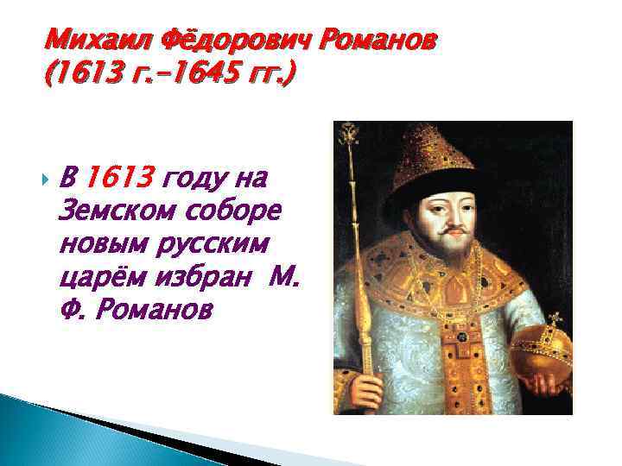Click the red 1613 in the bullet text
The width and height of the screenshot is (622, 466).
pos(122,178)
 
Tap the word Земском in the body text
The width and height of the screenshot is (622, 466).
pos(108,210)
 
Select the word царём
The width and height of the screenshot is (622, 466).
pos(98,276)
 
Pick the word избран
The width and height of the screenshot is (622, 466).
pos(201,276)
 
